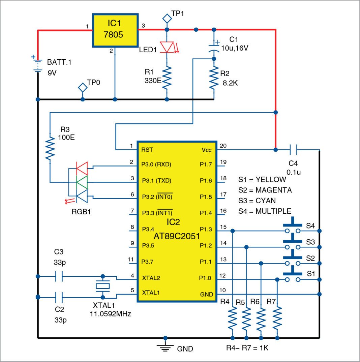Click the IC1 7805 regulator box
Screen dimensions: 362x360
pos(115,31)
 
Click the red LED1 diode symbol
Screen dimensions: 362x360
pos(167,47)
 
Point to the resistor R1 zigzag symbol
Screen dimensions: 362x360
pos(167,78)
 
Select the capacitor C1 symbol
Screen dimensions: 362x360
pos(213,48)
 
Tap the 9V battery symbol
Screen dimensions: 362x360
pos(38,65)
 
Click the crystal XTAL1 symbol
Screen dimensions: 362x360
pos(103,286)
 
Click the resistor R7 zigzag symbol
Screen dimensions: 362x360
pos(277,320)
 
